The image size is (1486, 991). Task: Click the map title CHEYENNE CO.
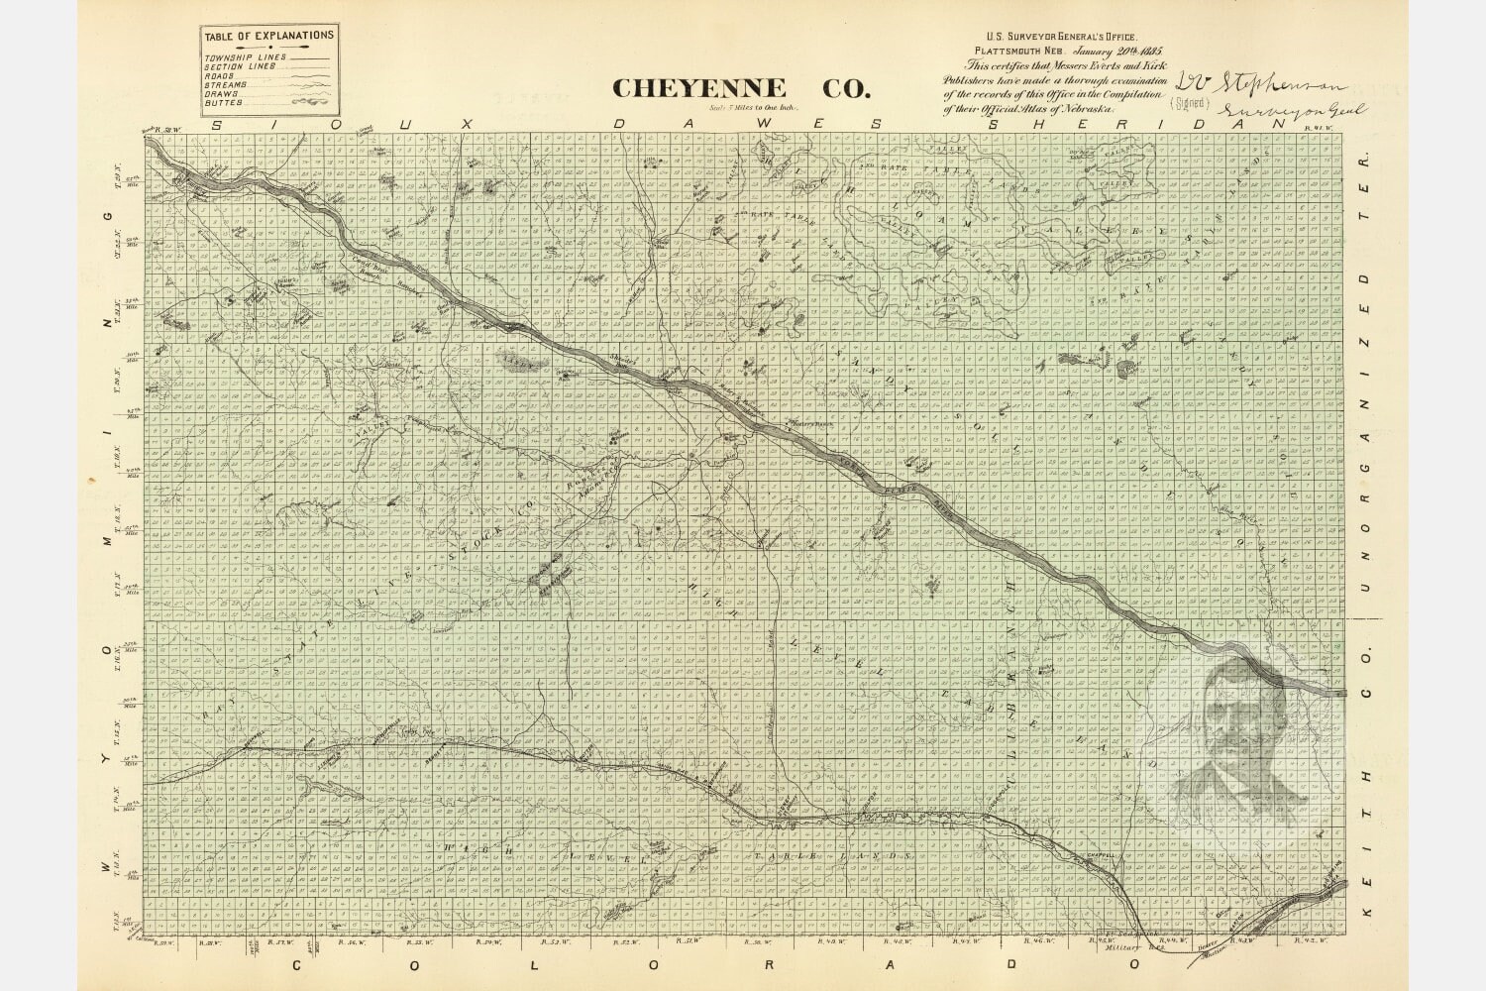coord(741,88)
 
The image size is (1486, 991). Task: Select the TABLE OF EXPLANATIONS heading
coord(268,37)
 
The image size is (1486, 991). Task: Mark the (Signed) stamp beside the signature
coord(1190,102)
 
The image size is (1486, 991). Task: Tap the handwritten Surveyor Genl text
coord(1288,112)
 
